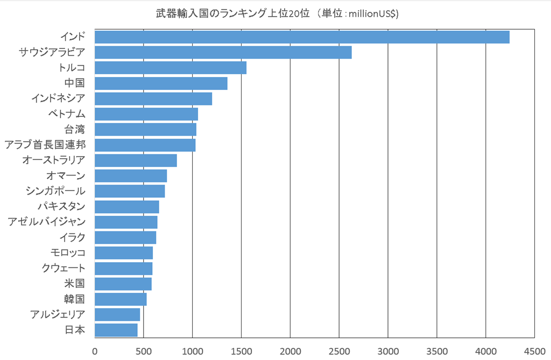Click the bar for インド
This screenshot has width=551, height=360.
click(302, 37)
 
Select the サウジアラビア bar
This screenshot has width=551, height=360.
click(223, 52)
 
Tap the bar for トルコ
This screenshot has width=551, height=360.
click(171, 68)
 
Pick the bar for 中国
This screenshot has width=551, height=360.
click(161, 83)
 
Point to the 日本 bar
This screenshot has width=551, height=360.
click(116, 330)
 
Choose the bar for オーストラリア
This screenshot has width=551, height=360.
click(136, 160)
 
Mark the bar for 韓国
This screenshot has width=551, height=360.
click(121, 299)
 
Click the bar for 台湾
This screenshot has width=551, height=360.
click(145, 130)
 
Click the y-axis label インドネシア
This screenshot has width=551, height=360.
click(62, 98)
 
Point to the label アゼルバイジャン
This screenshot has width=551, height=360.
click(46, 222)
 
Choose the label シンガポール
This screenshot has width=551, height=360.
click(55, 191)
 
